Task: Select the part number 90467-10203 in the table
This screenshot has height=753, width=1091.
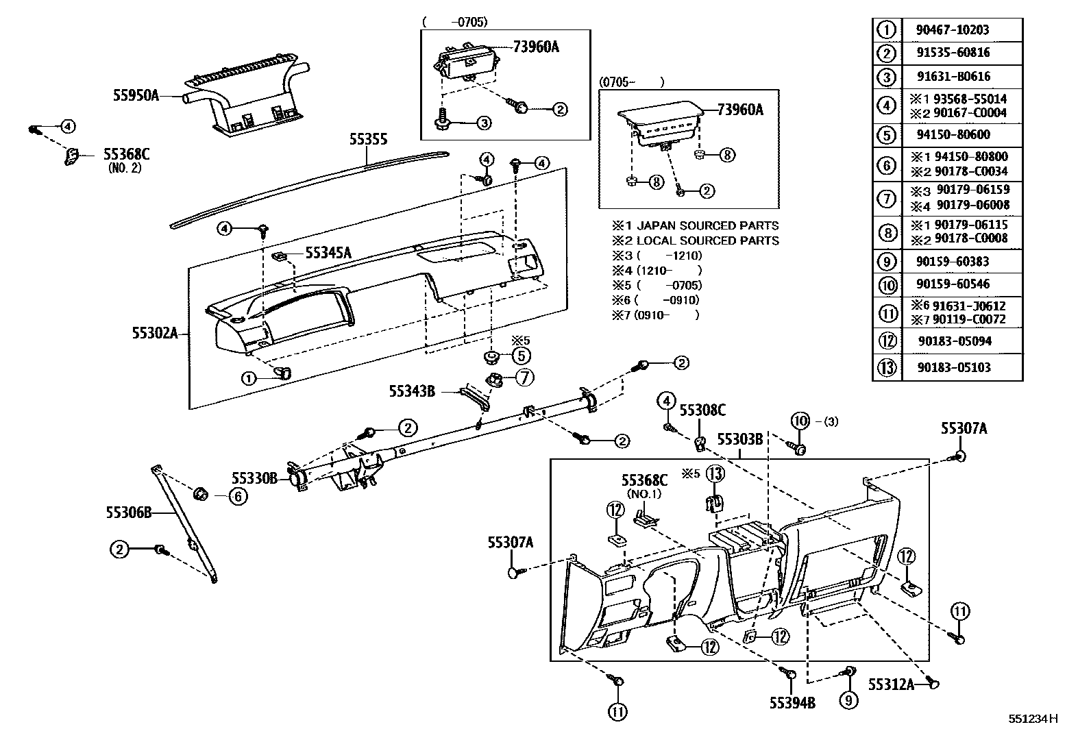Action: pos(953,30)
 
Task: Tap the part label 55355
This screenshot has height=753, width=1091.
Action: pos(368,140)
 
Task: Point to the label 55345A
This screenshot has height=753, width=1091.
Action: pos(328,253)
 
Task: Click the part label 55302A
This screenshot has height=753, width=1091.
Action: pos(155,334)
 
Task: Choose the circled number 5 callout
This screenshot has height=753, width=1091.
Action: pos(521,355)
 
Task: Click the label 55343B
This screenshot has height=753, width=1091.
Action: pos(412,391)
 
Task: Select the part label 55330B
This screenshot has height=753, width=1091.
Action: pos(254,478)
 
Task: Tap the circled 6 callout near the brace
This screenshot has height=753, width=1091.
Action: pos(236,496)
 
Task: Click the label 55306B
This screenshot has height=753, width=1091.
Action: pos(129,511)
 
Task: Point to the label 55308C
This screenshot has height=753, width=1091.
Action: pos(702,410)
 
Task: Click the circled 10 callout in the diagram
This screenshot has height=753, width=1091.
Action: pos(800,421)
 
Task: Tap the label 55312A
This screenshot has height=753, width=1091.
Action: pos(891,684)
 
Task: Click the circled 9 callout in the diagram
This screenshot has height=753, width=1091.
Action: pos(848,700)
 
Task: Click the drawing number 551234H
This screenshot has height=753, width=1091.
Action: pos(1033,719)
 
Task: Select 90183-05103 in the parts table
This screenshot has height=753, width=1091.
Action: pos(954,367)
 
